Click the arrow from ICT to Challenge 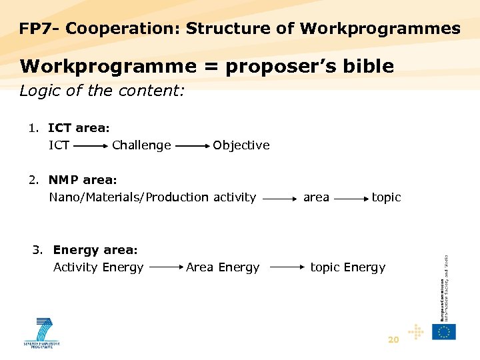click(x=91, y=144)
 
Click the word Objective click(x=241, y=145)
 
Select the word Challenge click(x=141, y=145)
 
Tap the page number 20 click(x=393, y=340)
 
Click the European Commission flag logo click(x=444, y=331)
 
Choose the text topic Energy click(x=348, y=268)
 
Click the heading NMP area click(x=82, y=180)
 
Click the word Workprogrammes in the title click(x=380, y=29)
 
